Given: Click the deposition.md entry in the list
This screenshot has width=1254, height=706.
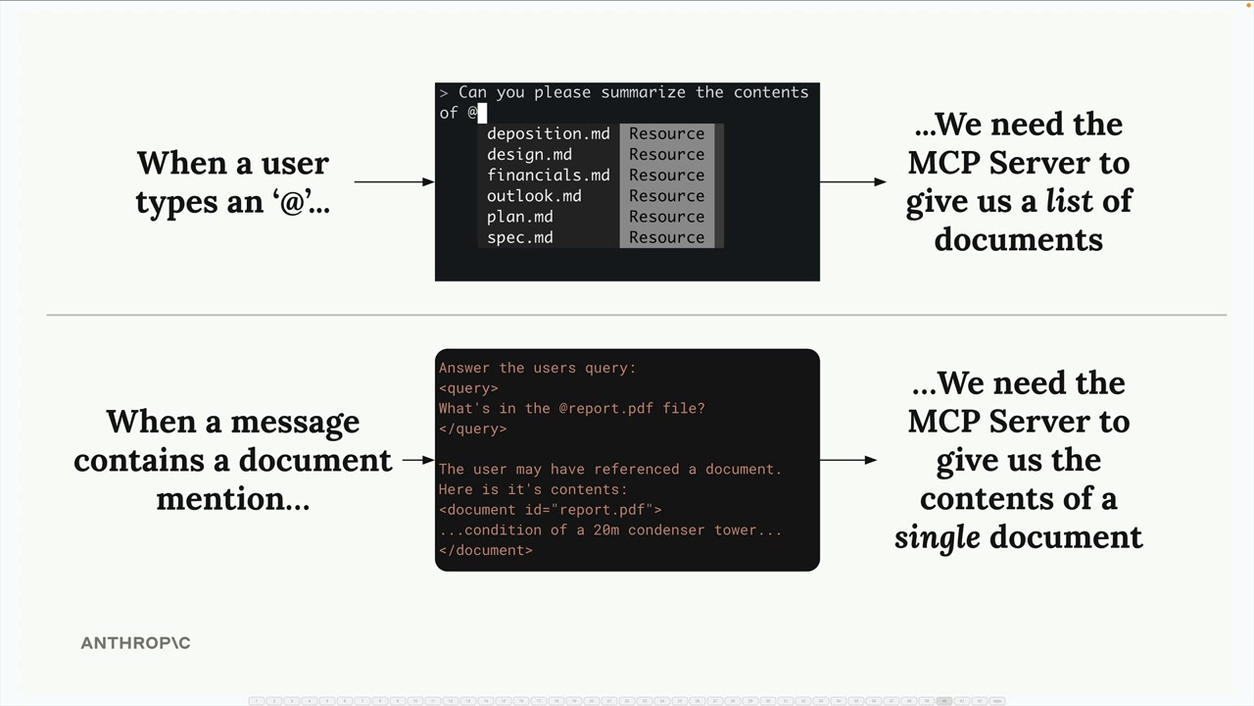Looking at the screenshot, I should pos(548,134).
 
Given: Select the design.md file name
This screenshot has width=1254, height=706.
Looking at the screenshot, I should pos(529,155).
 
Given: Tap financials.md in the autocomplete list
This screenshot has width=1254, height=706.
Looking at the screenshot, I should pos(548,176).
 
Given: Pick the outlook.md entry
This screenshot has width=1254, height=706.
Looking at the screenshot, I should pos(534,196).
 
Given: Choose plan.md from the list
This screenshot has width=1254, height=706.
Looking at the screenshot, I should pos(519,217).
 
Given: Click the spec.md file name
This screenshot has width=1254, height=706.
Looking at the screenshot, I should pos(519,237).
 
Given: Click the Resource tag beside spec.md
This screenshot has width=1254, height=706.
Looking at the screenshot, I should pos(666,237).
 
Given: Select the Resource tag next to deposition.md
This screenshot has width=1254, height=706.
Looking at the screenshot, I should pos(666,134).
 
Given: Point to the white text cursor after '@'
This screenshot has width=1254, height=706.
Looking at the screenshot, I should pos(482,113).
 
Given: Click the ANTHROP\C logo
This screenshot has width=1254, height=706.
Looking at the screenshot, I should pos(135,643).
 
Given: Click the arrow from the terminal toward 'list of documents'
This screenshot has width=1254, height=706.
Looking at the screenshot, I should pos(852,181).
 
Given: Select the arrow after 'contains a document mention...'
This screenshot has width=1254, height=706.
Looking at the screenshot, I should pos(417,460).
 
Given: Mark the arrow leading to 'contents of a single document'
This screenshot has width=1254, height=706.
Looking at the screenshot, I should pos(847,460).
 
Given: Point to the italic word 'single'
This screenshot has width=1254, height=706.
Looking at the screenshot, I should pos(937,537).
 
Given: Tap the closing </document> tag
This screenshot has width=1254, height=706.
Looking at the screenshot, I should pos(485,550).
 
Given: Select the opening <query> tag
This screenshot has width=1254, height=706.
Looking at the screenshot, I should pos(468,388).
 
